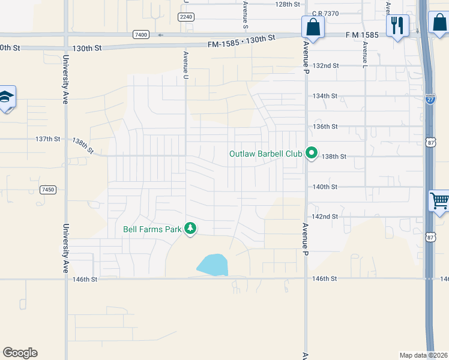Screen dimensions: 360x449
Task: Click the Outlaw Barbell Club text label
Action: [265, 154]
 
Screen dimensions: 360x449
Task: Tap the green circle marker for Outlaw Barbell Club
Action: [311, 154]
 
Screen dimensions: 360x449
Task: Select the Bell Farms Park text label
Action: [152, 229]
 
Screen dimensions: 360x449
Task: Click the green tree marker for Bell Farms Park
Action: [190, 228]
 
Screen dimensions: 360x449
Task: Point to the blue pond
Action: [212, 265]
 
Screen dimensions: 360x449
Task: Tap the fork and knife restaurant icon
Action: [397, 25]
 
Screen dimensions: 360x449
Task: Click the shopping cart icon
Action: [440, 200]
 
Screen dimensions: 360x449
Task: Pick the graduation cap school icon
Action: [6, 97]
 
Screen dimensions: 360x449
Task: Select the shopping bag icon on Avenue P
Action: [313, 26]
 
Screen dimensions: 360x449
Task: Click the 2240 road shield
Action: [186, 17]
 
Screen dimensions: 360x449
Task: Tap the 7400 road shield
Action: [141, 35]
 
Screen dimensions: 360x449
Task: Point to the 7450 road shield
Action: [48, 190]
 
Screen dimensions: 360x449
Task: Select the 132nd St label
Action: [326, 65]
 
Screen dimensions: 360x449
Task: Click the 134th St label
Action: [326, 96]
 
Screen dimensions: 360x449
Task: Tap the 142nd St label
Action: [326, 217]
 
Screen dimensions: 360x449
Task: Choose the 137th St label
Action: [47, 139]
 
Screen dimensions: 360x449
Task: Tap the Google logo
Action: [20, 353]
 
